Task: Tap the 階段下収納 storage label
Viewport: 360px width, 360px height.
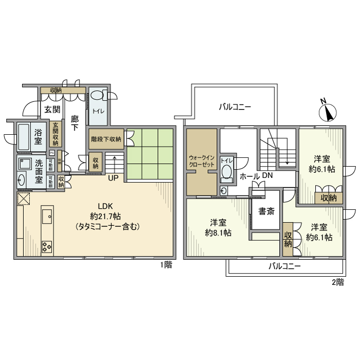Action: tap(105, 139)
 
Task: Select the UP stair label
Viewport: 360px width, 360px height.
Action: tap(113, 179)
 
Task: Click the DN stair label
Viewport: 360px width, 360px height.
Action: tap(267, 176)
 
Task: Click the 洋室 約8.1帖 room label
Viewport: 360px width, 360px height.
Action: tap(218, 227)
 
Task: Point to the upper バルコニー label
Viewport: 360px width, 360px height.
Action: tap(235, 107)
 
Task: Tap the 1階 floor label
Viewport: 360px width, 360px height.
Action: tap(166, 265)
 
